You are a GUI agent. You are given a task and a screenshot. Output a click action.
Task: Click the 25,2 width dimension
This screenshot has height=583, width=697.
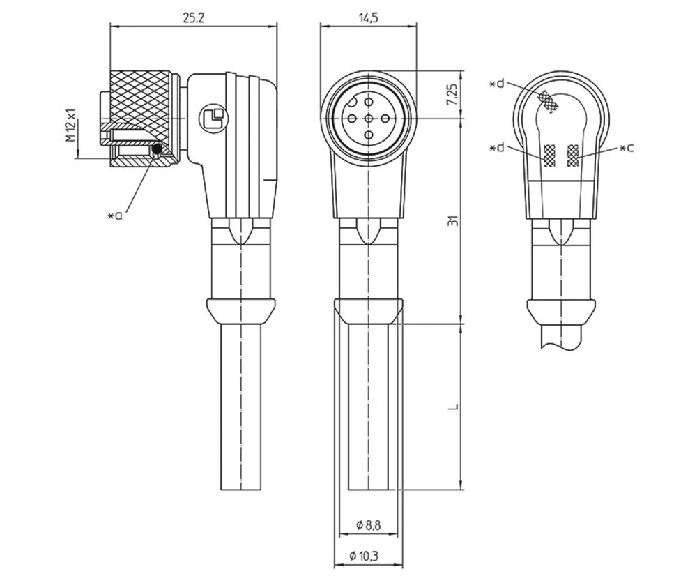coord(193,19)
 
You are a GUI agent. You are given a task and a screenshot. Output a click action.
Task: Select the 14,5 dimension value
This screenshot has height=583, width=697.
coord(367,19)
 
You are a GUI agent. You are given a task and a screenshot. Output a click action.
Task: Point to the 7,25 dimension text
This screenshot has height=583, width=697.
coord(452,94)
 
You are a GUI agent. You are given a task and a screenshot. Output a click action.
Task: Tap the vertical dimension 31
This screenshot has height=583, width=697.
coord(452,221)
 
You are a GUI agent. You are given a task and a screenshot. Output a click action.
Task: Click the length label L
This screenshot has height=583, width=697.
coord(452,406)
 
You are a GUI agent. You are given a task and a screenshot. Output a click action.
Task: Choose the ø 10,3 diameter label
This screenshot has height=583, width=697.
coord(368,556)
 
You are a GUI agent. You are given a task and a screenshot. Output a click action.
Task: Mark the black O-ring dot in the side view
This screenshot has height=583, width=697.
coord(157,149)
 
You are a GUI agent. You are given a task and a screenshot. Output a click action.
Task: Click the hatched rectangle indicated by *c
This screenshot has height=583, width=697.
coord(574,155)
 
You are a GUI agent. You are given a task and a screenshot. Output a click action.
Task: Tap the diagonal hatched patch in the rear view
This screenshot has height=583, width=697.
coord(551,103)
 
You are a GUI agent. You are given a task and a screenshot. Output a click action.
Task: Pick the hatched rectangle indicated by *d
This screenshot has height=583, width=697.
coord(549,155)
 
